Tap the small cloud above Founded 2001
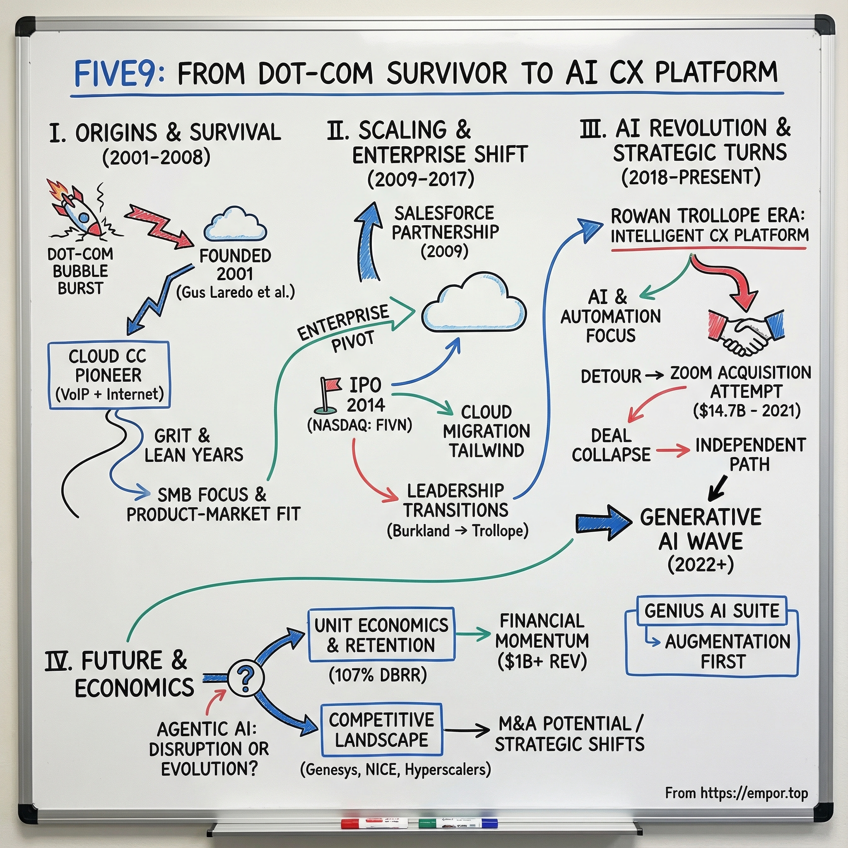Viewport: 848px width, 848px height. (x=235, y=225)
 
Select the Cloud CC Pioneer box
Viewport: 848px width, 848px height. (x=109, y=375)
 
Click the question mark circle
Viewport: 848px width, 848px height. (x=246, y=679)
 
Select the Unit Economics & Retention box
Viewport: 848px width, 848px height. (x=381, y=635)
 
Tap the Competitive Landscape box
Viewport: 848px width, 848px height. (x=381, y=730)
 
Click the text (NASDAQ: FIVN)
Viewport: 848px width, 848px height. (x=359, y=425)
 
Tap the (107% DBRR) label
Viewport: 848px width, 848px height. (x=378, y=675)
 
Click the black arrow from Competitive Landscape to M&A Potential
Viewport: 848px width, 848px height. (x=466, y=730)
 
